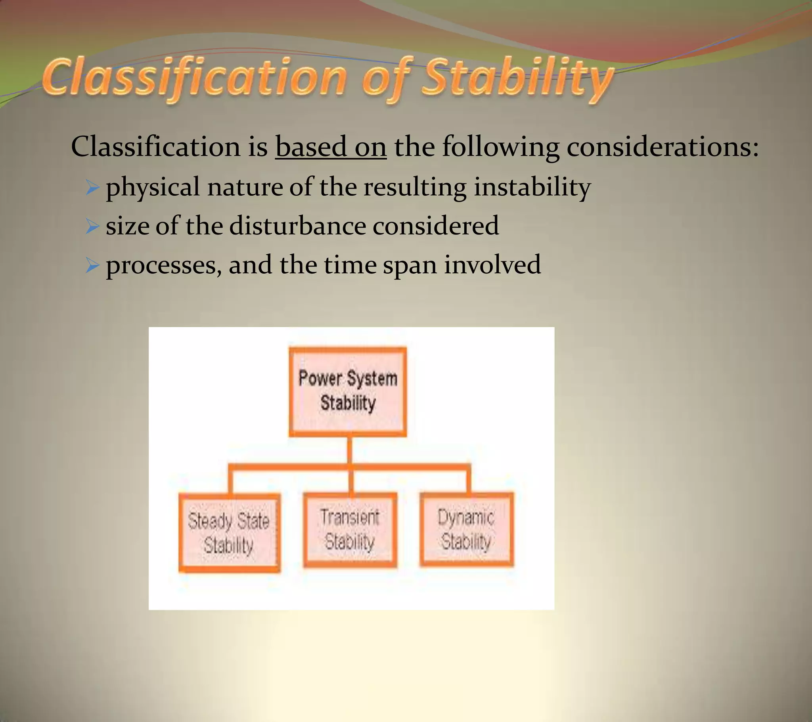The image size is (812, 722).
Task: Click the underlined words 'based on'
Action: point(331,147)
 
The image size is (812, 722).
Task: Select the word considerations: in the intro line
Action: point(662,147)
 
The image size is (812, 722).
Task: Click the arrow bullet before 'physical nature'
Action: point(92,187)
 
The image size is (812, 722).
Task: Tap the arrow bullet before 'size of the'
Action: point(92,226)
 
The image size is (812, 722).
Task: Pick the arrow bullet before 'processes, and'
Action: point(92,265)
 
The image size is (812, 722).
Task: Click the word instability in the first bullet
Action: point(532,187)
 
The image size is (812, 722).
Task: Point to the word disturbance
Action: point(297,226)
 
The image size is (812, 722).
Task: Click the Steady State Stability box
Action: point(229,533)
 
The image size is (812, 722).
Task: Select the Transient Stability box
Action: point(350,530)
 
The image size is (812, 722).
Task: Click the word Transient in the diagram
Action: point(350,517)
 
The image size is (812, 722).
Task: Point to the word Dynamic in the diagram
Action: point(465,518)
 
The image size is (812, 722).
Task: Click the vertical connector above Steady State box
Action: point(230,481)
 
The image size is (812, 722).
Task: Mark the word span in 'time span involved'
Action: point(410,265)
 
